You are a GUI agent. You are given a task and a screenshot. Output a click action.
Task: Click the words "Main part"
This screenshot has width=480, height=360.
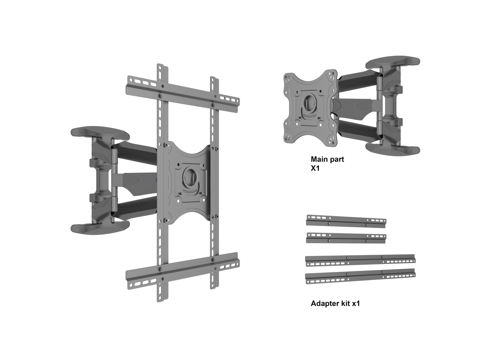[x=327, y=159]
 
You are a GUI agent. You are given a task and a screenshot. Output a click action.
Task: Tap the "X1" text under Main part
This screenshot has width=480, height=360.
[x=315, y=168]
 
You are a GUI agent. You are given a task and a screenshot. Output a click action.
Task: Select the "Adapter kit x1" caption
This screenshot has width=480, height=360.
[x=335, y=303]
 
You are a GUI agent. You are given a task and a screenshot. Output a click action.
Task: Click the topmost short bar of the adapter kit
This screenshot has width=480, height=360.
[x=346, y=222]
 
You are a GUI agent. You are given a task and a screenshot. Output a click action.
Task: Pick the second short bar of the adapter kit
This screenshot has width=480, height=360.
[x=346, y=238]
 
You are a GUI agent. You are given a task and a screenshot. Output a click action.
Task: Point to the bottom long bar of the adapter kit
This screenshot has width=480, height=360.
[x=360, y=276]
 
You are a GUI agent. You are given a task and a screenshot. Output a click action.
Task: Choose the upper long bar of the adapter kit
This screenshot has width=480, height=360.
[x=360, y=260]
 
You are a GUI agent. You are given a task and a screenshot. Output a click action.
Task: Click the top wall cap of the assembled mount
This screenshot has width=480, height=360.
[x=100, y=134]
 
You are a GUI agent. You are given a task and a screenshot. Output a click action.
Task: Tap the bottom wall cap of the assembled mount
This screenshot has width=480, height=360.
[x=100, y=228]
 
